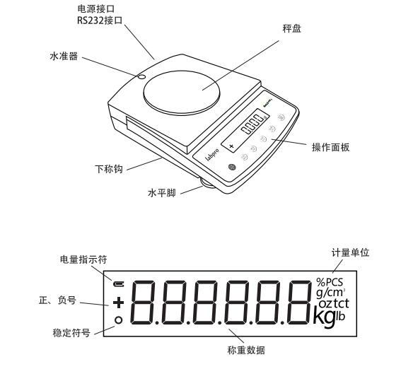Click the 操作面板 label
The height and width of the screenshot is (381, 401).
331,148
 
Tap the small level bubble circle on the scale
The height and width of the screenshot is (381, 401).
141,76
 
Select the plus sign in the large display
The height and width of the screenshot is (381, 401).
118,303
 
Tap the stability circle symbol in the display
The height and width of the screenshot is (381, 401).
118,320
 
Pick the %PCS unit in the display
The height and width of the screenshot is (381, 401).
330,283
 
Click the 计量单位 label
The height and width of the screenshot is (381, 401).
351,252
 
